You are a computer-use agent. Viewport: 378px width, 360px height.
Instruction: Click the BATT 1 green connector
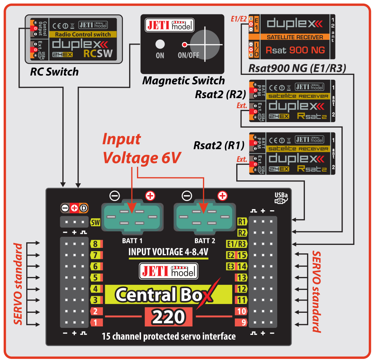[x=132, y=218]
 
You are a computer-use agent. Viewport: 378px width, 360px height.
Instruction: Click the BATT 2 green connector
[x=203, y=218]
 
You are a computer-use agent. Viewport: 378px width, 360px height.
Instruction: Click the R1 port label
[x=241, y=222]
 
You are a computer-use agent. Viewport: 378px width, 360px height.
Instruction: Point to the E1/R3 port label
[x=236, y=243]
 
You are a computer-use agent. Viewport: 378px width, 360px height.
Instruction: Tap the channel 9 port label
[x=241, y=322]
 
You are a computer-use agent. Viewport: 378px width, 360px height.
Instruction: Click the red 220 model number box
[x=169, y=316]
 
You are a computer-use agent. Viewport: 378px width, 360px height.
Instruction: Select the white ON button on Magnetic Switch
[x=160, y=45]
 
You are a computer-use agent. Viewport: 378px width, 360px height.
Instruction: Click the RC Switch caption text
[x=54, y=72]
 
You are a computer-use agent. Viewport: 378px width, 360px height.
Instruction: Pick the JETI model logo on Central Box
[x=168, y=271]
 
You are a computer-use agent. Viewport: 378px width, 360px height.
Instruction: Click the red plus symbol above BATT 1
[x=150, y=196]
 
